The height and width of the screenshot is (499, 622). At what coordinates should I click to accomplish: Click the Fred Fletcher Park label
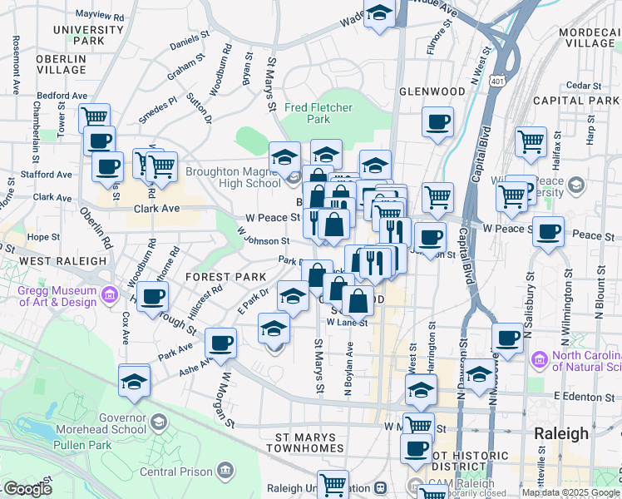click(318, 113)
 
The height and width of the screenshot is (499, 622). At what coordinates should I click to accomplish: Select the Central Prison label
click(175, 472)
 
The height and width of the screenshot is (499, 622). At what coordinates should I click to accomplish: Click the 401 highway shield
click(497, 82)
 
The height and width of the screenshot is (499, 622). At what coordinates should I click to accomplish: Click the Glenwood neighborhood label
click(432, 91)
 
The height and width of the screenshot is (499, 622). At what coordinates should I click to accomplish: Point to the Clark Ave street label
click(156, 209)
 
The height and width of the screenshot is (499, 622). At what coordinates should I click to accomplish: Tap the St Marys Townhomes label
click(304, 442)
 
